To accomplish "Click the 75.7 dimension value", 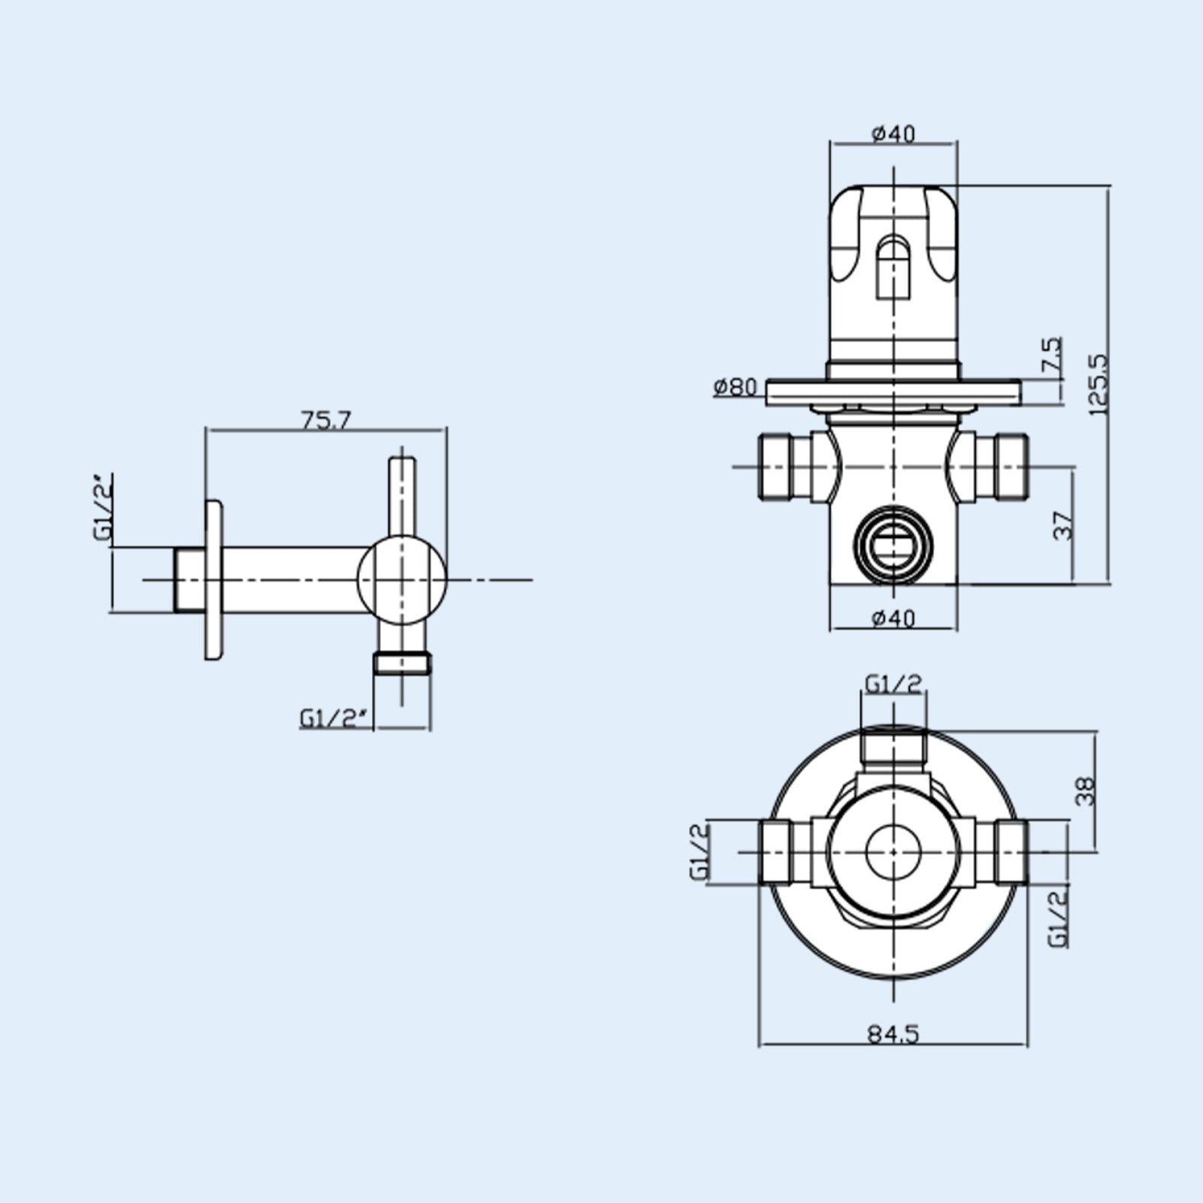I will coord(326,419).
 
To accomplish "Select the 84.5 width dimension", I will coord(893,1035).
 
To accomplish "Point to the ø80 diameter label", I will coord(735,387).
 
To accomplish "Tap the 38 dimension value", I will coord(1086,791).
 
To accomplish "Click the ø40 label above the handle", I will coord(893,134).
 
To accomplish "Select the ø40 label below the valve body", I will coord(893,618).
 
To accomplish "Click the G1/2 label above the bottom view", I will coord(893,684).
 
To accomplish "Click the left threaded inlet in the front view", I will coord(781,467).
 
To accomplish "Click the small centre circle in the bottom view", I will coord(893,851).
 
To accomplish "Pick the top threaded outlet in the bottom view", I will coord(893,748).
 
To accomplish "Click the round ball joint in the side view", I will coord(402,579).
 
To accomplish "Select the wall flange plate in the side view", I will coord(213,579).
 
